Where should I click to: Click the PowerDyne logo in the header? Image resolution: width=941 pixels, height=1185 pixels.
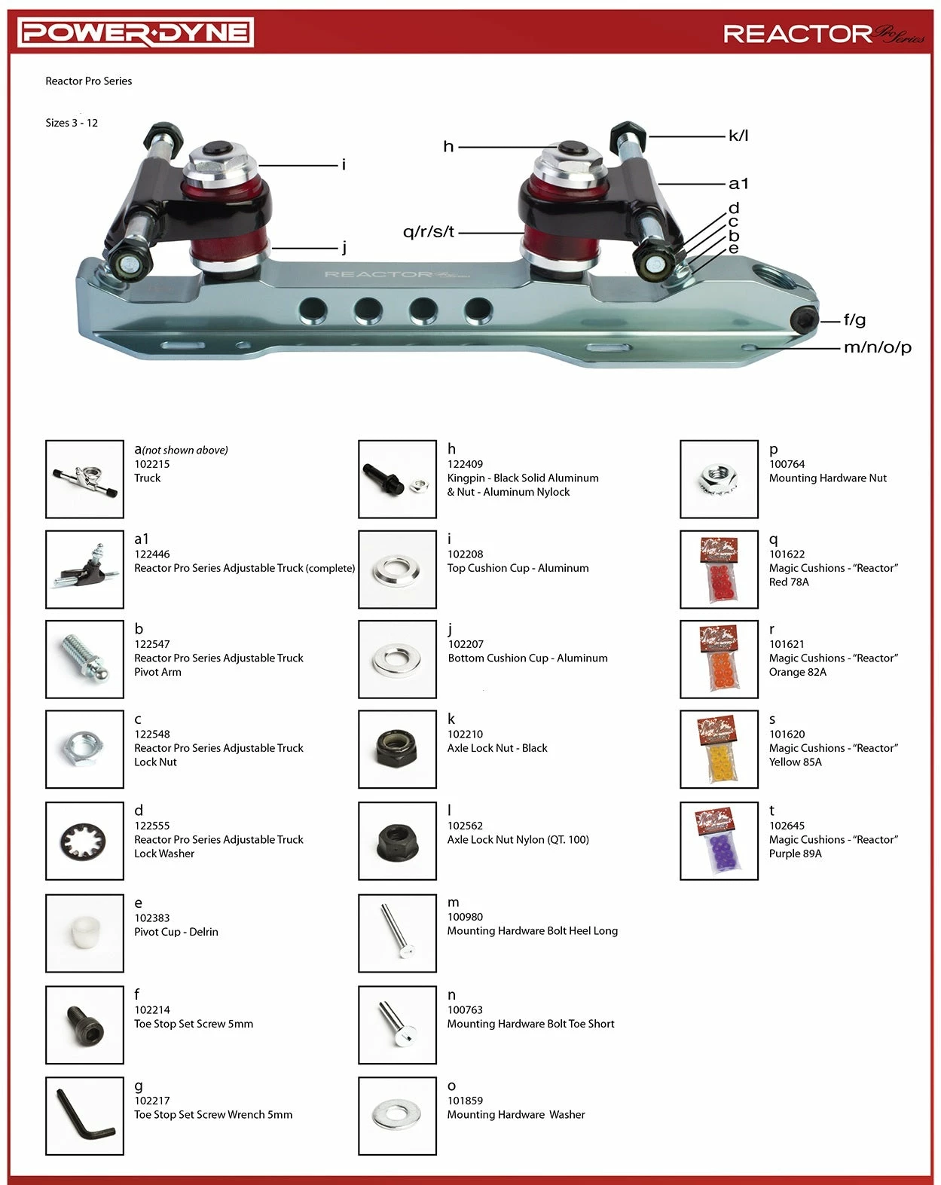click(x=136, y=32)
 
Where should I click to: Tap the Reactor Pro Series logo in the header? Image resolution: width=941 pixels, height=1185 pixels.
click(x=823, y=34)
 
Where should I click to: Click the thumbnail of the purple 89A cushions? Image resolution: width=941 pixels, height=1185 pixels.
click(x=719, y=841)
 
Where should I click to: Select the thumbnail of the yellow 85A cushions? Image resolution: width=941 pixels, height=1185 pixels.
click(x=719, y=750)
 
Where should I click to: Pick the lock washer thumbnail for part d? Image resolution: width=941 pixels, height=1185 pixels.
click(x=84, y=841)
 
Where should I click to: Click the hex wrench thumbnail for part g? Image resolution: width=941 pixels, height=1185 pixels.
click(x=84, y=1116)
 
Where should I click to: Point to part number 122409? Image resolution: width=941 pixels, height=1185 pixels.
click(x=465, y=464)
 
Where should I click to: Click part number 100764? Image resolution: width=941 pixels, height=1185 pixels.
click(x=787, y=464)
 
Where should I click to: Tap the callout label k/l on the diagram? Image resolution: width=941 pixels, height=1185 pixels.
click(x=738, y=136)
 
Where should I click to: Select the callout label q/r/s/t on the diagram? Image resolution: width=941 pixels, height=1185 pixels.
click(x=429, y=232)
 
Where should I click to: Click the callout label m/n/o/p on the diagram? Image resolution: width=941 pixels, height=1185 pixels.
click(x=877, y=347)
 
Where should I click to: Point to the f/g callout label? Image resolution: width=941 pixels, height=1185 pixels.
click(x=854, y=319)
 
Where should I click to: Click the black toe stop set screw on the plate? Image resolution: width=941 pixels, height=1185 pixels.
click(x=804, y=319)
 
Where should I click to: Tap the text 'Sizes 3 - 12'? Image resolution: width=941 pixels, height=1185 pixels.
click(x=72, y=123)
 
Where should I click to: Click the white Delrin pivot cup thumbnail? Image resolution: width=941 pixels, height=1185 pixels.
click(x=84, y=933)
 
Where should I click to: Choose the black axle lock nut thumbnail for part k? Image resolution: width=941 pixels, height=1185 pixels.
click(x=397, y=750)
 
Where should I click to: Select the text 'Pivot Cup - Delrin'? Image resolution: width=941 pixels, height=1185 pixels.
click(x=176, y=932)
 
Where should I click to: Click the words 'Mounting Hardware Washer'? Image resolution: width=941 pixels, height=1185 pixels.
click(x=516, y=1114)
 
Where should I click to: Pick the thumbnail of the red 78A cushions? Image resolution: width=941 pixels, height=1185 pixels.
click(x=719, y=570)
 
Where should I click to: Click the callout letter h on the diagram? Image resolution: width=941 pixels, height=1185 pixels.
click(x=448, y=146)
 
